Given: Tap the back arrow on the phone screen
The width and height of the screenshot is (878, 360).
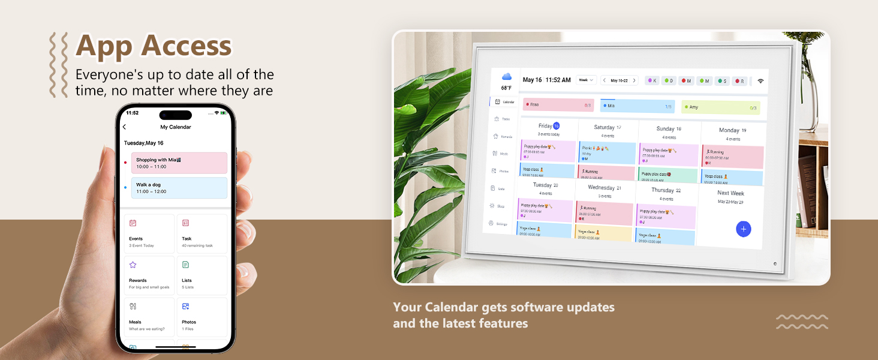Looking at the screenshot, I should [124, 127].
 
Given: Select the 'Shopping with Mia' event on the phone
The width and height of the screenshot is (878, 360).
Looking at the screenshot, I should [179, 163].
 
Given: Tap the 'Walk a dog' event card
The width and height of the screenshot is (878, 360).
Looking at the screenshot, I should [179, 188].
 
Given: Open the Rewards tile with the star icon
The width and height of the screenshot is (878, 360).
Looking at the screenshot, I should [149, 276].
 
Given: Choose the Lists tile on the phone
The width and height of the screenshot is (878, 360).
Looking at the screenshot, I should [202, 276].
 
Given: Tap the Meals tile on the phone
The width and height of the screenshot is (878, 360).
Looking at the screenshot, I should [149, 317].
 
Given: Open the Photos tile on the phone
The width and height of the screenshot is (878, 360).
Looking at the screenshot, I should [202, 317].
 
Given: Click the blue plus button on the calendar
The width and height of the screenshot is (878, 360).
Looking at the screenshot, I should [743, 229].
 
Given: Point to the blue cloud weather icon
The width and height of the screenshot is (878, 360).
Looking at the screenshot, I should [507, 77].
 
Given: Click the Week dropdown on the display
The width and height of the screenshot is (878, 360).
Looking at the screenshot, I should [586, 80].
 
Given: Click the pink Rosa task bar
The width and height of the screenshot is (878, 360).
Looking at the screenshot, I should [558, 105].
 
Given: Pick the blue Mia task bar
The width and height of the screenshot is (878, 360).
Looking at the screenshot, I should [637, 106].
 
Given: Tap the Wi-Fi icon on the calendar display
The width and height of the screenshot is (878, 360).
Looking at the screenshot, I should [760, 81].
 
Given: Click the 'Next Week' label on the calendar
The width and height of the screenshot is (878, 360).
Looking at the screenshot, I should [730, 193].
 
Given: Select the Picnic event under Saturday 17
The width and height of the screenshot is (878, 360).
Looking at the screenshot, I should [607, 152].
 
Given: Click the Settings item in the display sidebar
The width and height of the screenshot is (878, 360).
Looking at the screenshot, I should [498, 224].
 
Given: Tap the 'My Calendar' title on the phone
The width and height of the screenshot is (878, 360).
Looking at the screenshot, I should [175, 127].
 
